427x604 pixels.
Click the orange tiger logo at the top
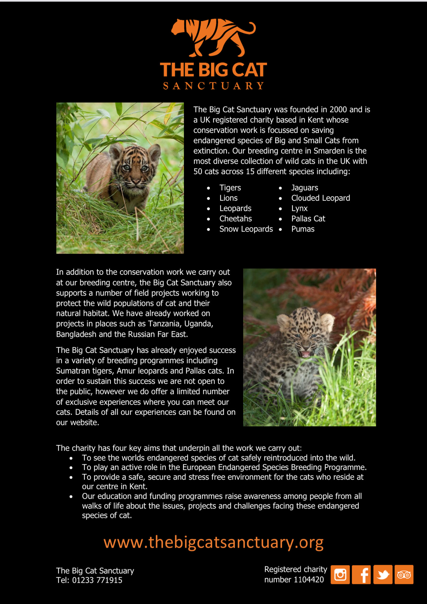click(x=213, y=37)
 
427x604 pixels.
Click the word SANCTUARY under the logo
click(x=213, y=86)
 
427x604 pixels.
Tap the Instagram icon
click(x=340, y=575)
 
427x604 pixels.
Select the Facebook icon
click(x=362, y=575)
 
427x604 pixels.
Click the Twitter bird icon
click(x=383, y=575)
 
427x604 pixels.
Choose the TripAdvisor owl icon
click(x=404, y=575)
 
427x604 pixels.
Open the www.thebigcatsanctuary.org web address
click(x=213, y=542)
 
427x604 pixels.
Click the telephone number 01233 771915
click(x=97, y=580)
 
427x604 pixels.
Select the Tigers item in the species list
click(x=230, y=188)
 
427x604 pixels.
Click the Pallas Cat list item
click(x=308, y=219)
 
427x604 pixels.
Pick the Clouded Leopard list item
click(x=321, y=198)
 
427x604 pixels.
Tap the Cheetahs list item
click(x=235, y=219)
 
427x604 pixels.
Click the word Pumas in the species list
click(x=303, y=229)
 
